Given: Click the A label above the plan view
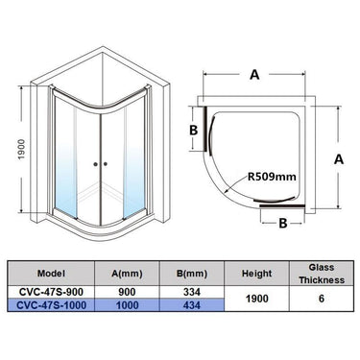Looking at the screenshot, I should tap(254, 71).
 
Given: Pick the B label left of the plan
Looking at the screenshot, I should tap(193, 129).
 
